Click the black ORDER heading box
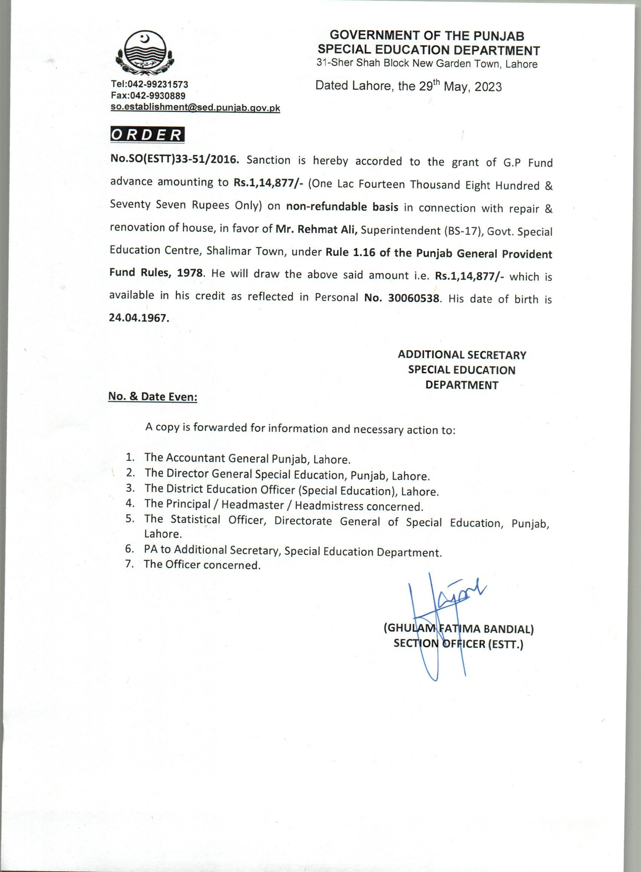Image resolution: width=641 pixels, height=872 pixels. [147, 134]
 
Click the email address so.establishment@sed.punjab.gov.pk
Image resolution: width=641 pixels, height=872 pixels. [195, 108]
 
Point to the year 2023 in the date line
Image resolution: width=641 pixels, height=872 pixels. [488, 86]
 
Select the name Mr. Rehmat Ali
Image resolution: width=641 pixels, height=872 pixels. [316, 229]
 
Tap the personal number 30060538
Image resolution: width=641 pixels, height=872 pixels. [414, 298]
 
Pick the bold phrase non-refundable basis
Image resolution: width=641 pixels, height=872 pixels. [342, 207]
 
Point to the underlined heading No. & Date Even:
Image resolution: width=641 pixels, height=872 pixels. [152, 397]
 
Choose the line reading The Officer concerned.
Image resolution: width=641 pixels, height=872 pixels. [202, 564]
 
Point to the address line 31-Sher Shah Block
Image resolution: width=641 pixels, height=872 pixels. [361, 64]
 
